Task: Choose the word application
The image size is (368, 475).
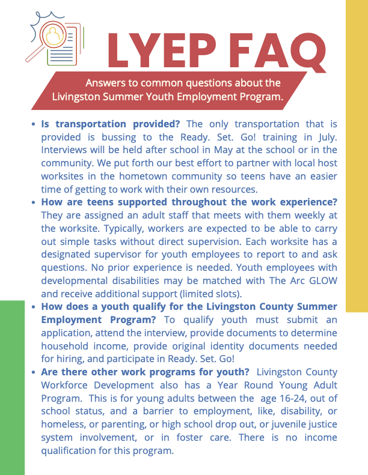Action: [70, 332]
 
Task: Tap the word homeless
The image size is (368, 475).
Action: [64, 424]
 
